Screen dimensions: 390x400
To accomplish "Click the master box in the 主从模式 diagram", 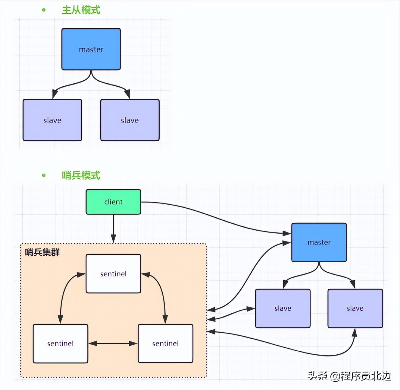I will pyautogui.click(x=91, y=49).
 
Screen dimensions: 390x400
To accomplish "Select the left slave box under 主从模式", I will pyautogui.click(x=52, y=120).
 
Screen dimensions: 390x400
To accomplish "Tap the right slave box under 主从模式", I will pyautogui.click(x=130, y=120).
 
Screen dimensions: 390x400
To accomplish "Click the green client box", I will pyautogui.click(x=113, y=202).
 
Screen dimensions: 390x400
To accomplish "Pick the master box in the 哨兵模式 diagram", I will pyautogui.click(x=319, y=242).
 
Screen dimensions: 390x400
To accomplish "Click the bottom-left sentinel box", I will pyautogui.click(x=60, y=344).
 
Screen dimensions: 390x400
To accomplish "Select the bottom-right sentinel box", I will pyautogui.click(x=165, y=344).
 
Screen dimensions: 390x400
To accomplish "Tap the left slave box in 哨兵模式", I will pyautogui.click(x=283, y=308).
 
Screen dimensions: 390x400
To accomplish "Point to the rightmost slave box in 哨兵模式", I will pyautogui.click(x=355, y=308).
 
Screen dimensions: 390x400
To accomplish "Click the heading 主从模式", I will pyautogui.click(x=81, y=10).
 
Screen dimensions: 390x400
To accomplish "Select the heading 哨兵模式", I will pyautogui.click(x=81, y=175).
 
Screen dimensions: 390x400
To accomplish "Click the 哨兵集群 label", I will pyautogui.click(x=42, y=252).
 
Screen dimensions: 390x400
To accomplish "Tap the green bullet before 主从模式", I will pyautogui.click(x=44, y=10).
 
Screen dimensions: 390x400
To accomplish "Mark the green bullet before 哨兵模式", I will pyautogui.click(x=44, y=175).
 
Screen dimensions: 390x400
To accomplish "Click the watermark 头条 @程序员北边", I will pyautogui.click(x=349, y=376).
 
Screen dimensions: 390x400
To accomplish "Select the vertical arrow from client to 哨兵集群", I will pyautogui.click(x=113, y=228).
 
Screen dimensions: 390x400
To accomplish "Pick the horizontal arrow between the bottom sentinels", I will pyautogui.click(x=113, y=344).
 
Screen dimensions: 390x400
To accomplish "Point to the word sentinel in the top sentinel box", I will pyautogui.click(x=113, y=274).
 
